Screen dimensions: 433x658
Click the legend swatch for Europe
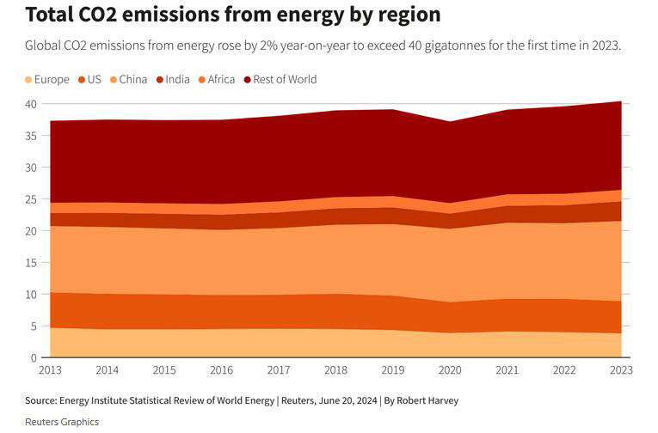(29, 80)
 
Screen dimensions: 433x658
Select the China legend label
(133, 80)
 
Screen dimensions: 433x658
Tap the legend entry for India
(178, 80)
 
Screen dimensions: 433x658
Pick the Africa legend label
(221, 80)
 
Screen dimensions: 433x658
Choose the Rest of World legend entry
(285, 80)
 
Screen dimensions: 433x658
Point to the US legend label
(94, 80)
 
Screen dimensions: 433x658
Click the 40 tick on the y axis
(31, 104)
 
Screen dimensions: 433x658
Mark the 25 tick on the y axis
(31, 199)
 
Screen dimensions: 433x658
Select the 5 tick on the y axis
(34, 326)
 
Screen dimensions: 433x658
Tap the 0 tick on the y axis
(34, 357)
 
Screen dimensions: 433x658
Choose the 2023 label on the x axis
(621, 370)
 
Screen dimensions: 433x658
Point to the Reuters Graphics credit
(62, 422)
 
